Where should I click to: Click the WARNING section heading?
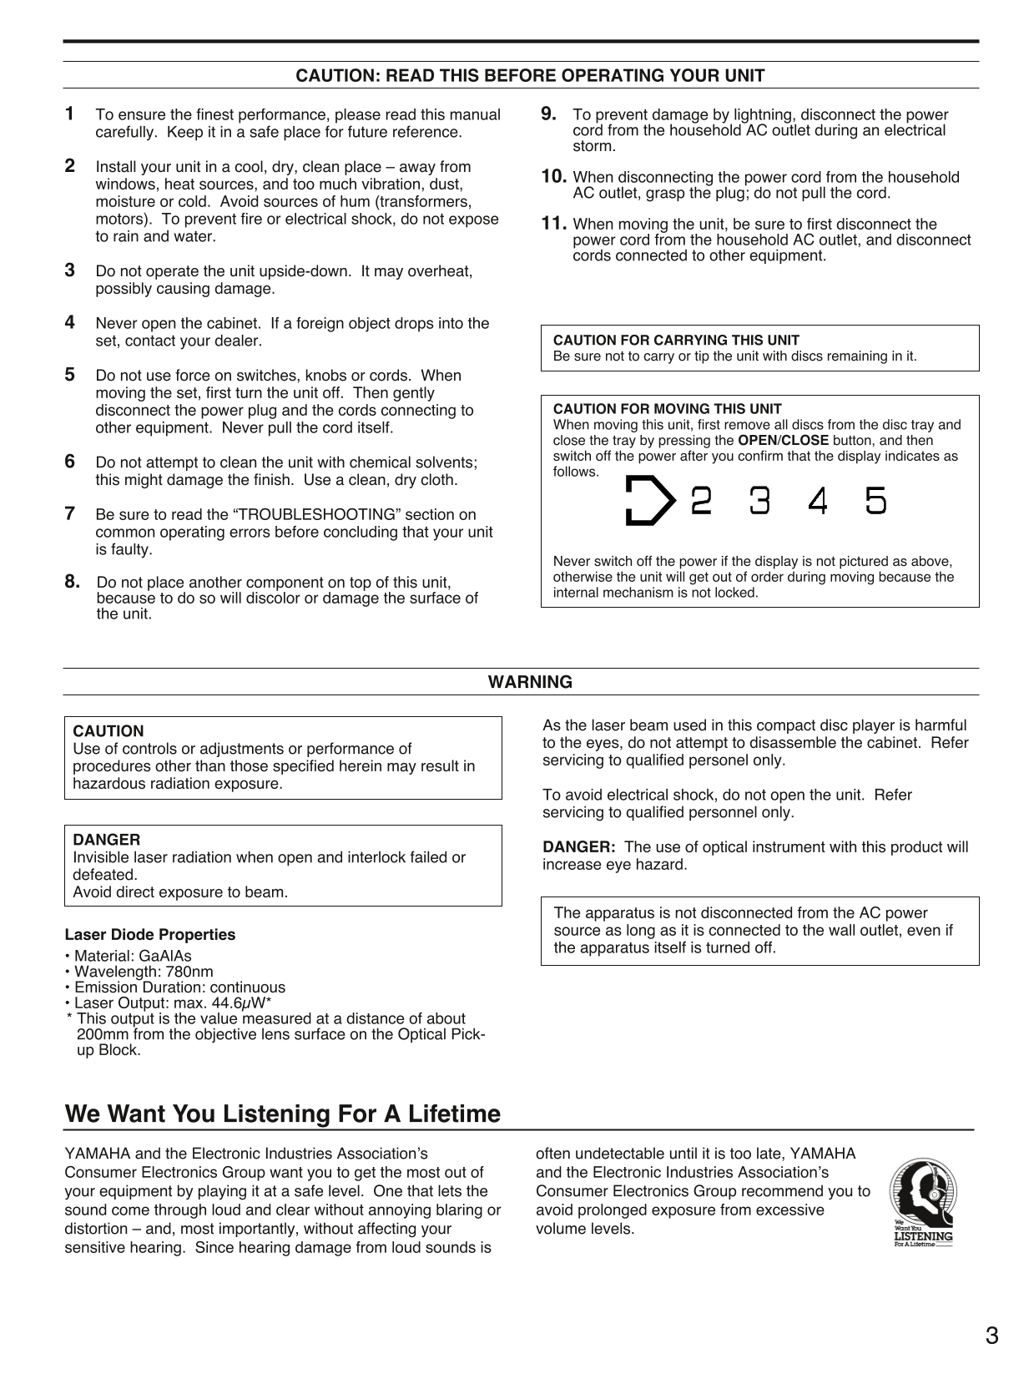tap(530, 682)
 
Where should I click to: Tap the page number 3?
tap(991, 1336)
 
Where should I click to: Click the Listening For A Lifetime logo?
tap(921, 1201)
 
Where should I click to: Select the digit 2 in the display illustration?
tap(702, 501)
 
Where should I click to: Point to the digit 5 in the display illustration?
tap(875, 501)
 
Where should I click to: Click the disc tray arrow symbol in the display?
tap(649, 501)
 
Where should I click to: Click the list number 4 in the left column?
tap(70, 322)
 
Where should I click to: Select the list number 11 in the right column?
tap(555, 224)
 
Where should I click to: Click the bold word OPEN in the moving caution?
tap(757, 440)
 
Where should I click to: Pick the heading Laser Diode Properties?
tap(150, 935)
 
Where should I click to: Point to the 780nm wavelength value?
tap(189, 972)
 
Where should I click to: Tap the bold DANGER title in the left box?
tap(107, 840)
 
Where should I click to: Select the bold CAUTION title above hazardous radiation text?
tap(108, 731)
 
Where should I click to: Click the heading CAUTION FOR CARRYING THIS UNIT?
tap(676, 341)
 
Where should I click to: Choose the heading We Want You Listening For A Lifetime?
tap(283, 1114)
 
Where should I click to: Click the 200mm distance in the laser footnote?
tap(98, 1035)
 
